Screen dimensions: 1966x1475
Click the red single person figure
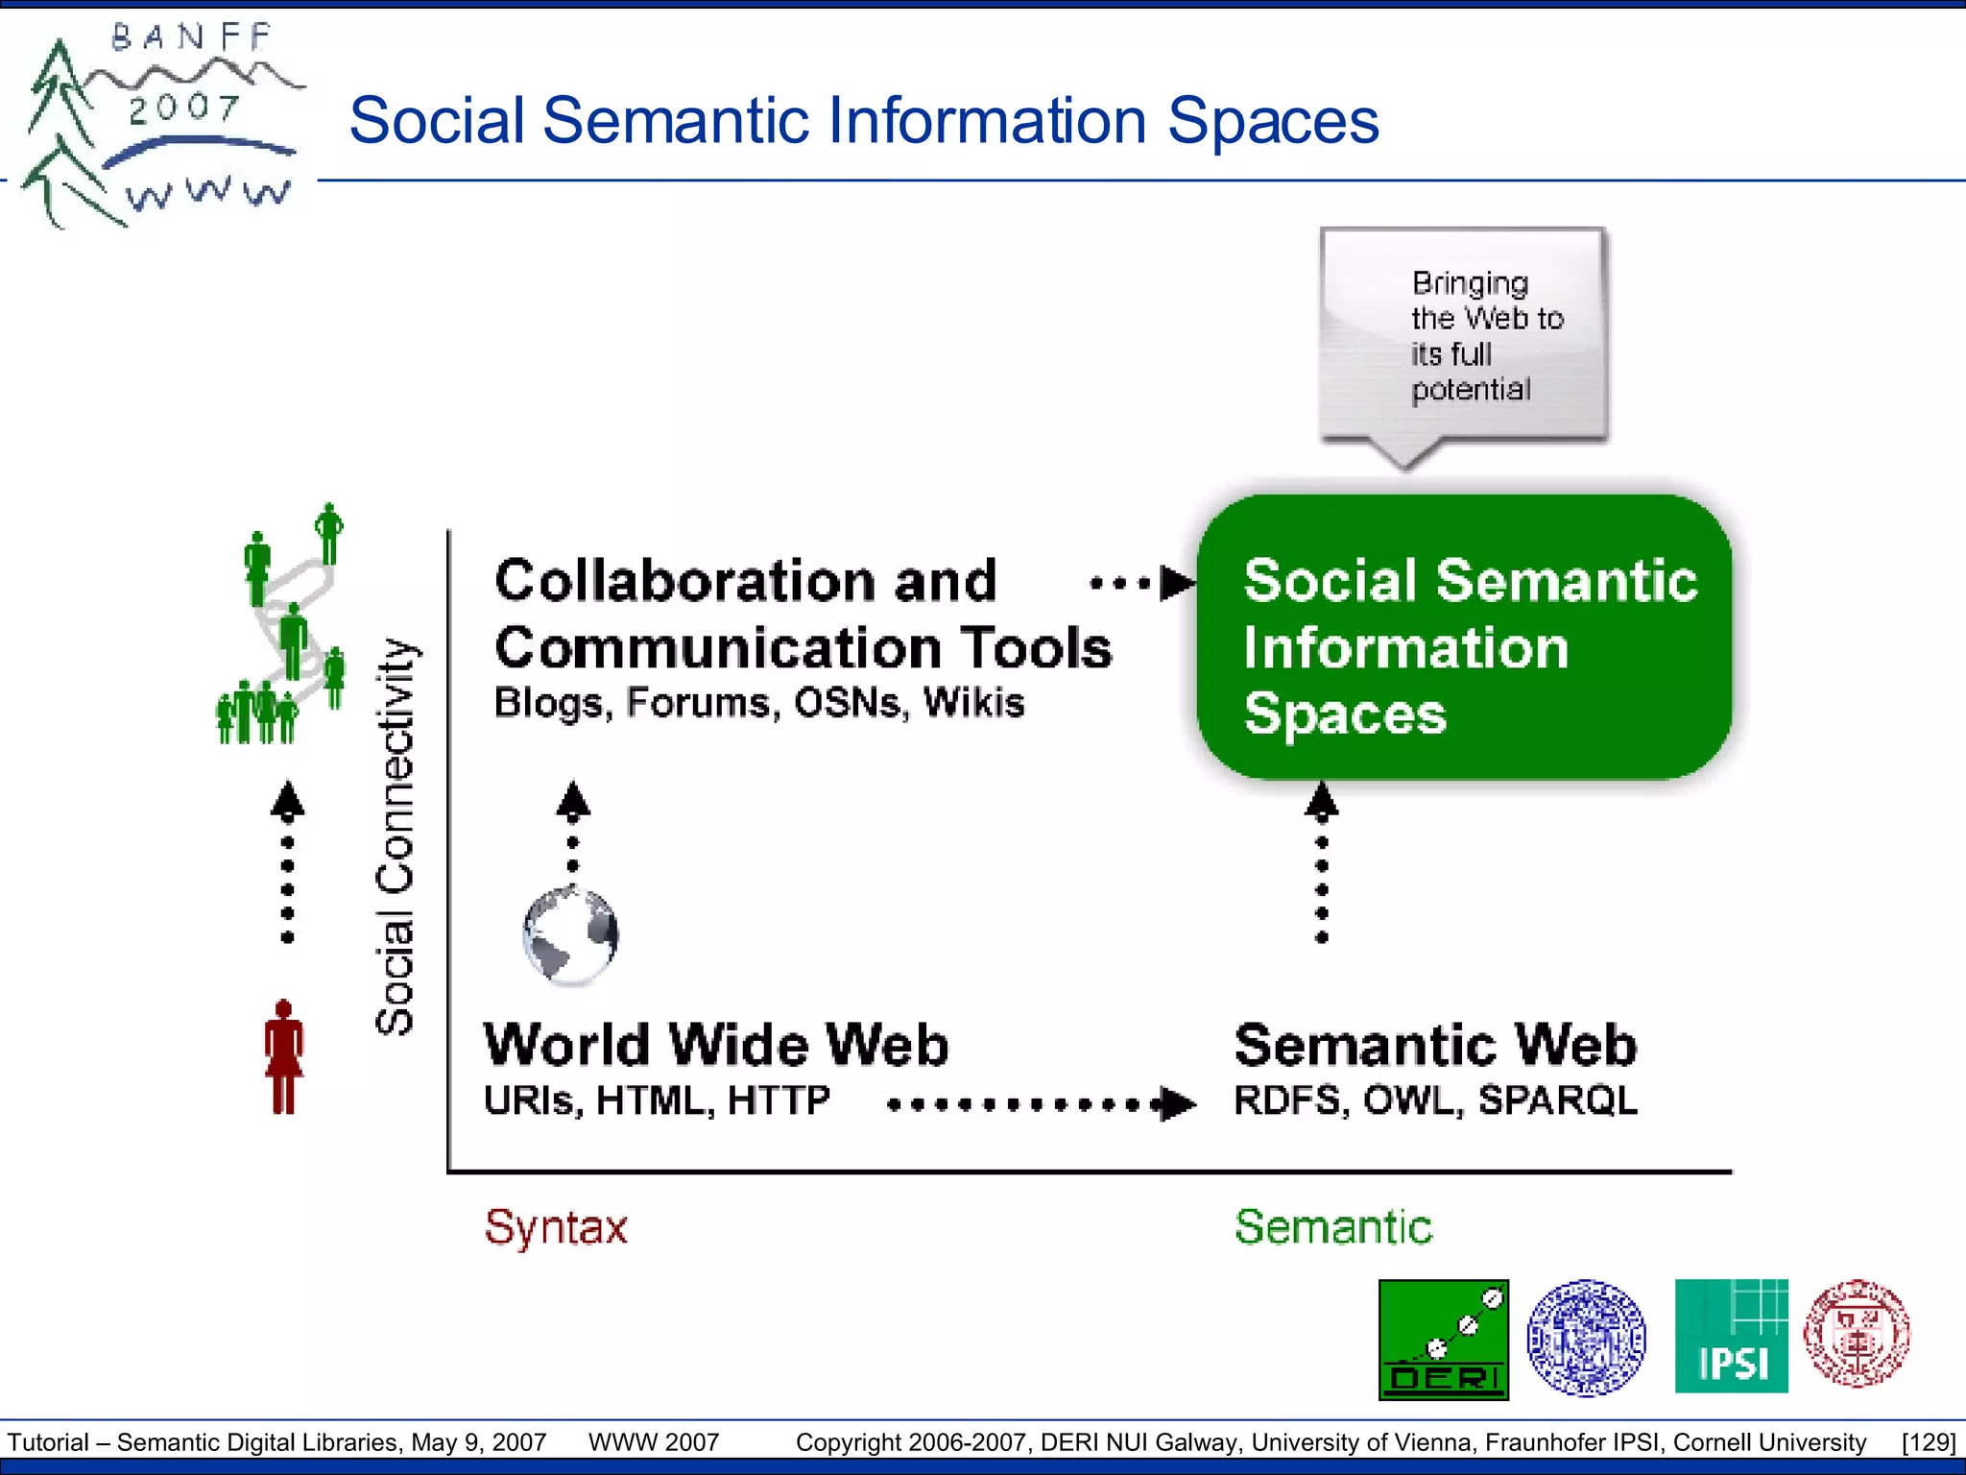coord(283,1057)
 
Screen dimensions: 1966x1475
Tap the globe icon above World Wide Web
coord(570,935)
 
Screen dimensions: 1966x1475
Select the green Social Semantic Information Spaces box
coord(1464,639)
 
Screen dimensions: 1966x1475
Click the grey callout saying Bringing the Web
coord(1464,336)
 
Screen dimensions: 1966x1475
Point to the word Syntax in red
coord(556,1227)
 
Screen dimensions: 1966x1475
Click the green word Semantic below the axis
coord(1332,1227)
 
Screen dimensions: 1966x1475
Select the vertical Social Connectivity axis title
coord(395,836)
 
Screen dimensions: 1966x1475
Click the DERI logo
coord(1443,1340)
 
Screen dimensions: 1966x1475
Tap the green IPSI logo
coord(1731,1336)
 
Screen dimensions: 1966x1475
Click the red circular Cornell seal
coord(1856,1334)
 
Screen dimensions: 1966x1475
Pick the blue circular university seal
coord(1586,1337)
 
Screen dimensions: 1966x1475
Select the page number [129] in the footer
coord(1928,1442)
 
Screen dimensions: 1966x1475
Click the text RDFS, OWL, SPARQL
coord(1435,1100)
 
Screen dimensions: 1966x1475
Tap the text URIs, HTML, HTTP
coord(657,1100)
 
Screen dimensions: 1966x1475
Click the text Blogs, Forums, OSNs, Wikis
coord(758,703)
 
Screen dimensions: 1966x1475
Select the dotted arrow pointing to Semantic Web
coord(1042,1104)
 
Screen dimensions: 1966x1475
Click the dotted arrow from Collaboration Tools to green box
coord(1142,583)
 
